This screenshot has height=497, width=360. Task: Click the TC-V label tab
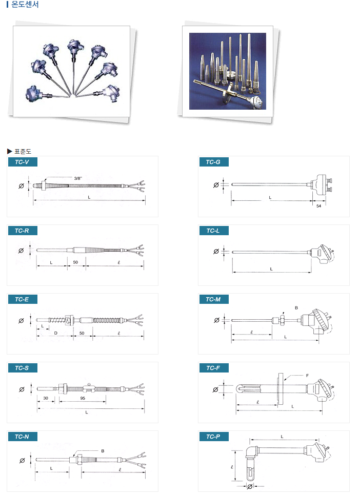point(23,162)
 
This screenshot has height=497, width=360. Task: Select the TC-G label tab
point(214,162)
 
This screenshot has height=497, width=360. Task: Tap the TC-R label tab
point(23,231)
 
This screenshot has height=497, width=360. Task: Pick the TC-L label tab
point(214,231)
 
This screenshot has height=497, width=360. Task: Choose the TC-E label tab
point(23,299)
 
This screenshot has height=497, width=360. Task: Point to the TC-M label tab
point(214,299)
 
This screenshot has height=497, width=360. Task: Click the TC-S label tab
point(23,368)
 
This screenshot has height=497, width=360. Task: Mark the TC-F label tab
point(214,368)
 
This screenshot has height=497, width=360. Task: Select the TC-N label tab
point(23,437)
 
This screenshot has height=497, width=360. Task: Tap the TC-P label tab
point(214,437)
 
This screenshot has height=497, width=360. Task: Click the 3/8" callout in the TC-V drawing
point(78,178)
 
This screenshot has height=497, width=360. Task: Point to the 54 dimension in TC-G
point(319,206)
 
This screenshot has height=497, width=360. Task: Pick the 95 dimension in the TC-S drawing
point(83,398)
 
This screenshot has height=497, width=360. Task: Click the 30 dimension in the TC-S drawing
point(46,398)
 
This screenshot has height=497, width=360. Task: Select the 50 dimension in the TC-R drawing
point(75,262)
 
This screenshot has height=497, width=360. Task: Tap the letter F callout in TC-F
point(307,376)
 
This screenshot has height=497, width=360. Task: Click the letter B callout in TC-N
point(103,451)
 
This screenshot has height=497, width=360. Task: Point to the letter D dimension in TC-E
point(56,333)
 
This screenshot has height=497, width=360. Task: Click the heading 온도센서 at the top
point(25,5)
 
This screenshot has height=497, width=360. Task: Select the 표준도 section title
point(23,152)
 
